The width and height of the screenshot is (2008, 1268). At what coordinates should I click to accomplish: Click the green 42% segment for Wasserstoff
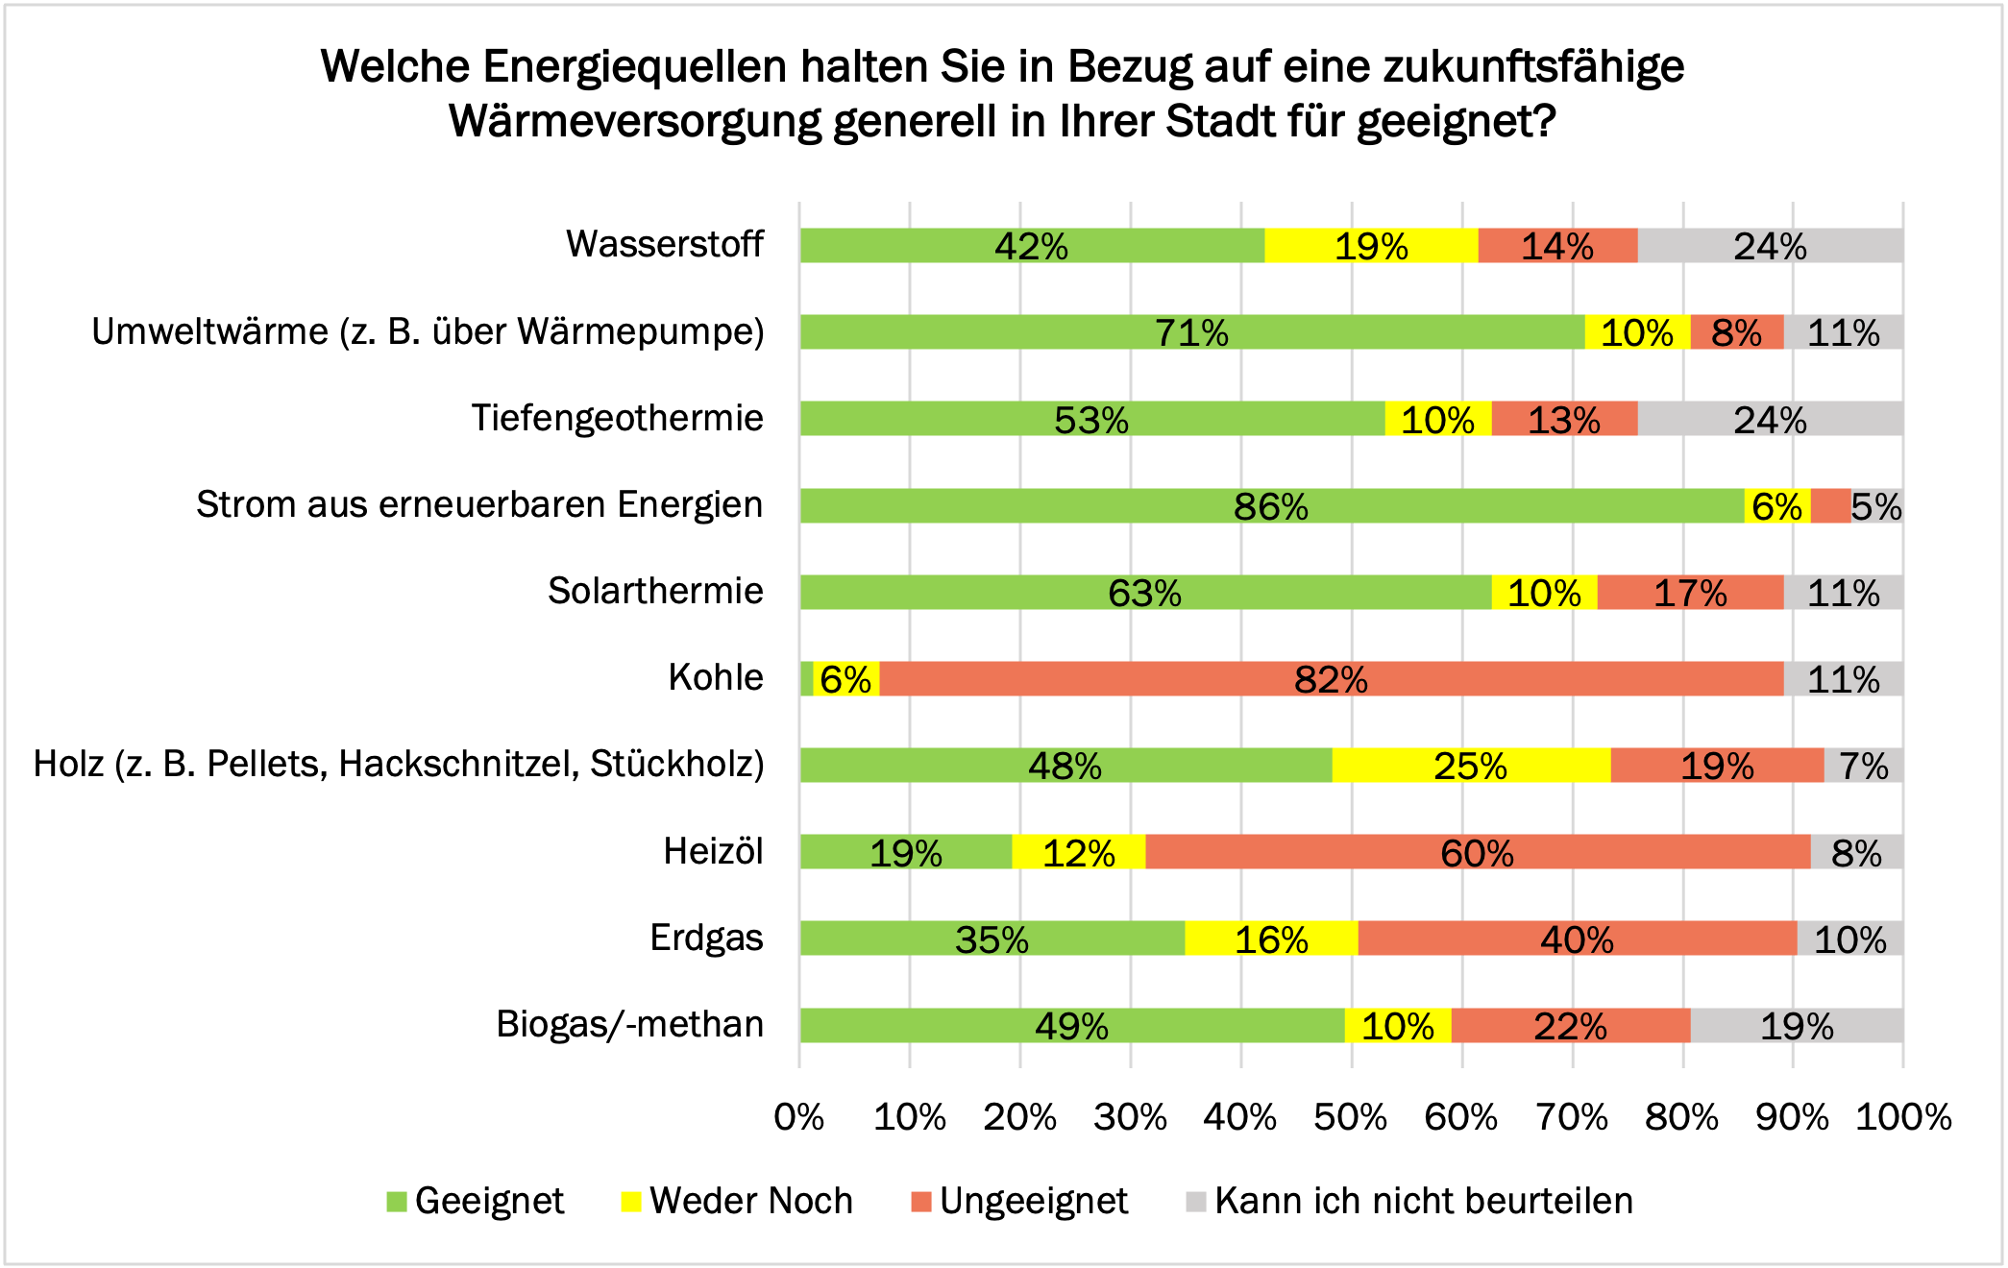click(x=1032, y=246)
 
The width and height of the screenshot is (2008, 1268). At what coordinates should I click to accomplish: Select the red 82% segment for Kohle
click(x=1331, y=679)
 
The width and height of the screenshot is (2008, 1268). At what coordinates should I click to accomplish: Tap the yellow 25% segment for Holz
click(x=1471, y=766)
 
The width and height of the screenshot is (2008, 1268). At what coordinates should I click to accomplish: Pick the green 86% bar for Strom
click(x=1271, y=506)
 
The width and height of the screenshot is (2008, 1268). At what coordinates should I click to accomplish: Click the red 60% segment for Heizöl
click(x=1477, y=852)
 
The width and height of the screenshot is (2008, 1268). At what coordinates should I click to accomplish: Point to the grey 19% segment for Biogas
click(x=1797, y=1026)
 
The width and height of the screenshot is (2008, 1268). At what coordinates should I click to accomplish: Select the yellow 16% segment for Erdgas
click(x=1271, y=939)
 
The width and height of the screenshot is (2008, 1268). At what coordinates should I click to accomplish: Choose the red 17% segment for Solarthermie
click(x=1690, y=593)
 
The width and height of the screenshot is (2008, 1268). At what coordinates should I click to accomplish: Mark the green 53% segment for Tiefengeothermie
click(x=1091, y=419)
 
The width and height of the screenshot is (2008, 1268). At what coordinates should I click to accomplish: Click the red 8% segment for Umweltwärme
click(x=1736, y=332)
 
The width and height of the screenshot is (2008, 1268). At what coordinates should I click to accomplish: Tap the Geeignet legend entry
click(x=476, y=1201)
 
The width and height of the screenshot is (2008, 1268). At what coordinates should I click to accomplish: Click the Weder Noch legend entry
click(x=737, y=1201)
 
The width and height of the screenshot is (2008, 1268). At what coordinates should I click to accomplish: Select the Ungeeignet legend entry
click(x=1019, y=1201)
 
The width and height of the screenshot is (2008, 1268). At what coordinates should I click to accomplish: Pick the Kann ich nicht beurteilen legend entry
click(x=1410, y=1201)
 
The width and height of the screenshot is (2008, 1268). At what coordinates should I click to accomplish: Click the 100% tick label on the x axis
click(x=1903, y=1117)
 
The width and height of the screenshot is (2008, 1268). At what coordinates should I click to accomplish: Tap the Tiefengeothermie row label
click(x=617, y=418)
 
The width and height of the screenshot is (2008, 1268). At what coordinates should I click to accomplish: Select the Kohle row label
click(x=716, y=677)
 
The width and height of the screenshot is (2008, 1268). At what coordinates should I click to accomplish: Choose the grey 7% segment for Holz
click(x=1864, y=766)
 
